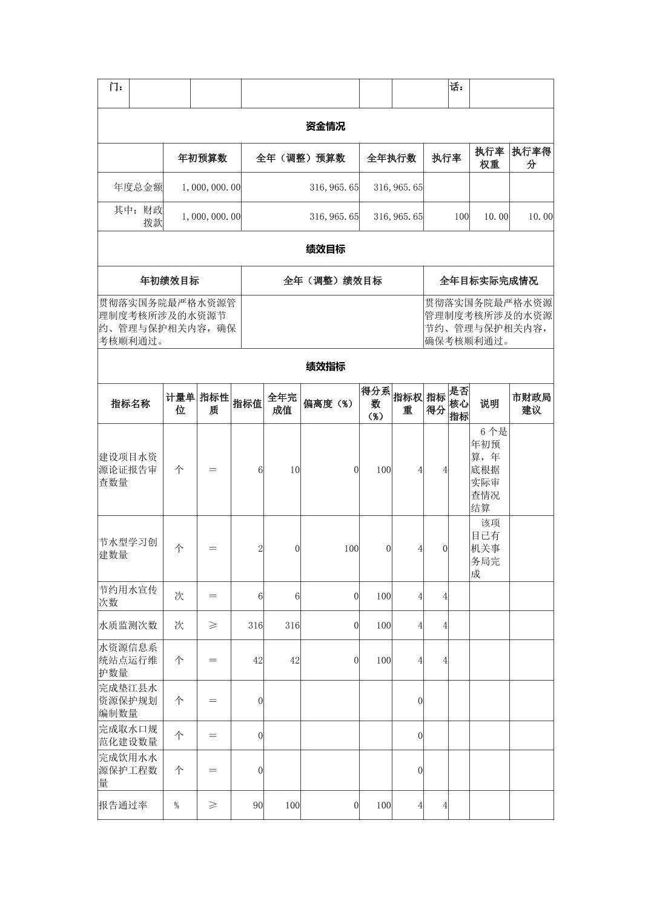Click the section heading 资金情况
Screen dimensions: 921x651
tap(325, 127)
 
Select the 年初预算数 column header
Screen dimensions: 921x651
tap(202, 158)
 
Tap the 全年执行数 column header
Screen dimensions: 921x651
tap(391, 158)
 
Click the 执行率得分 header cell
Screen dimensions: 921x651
tap(531, 158)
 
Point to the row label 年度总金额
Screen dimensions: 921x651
tap(138, 187)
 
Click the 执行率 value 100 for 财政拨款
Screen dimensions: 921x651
tap(461, 217)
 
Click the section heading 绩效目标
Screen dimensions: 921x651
tap(325, 249)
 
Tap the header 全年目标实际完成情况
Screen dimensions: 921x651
tap(488, 281)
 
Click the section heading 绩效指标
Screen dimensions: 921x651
tap(325, 367)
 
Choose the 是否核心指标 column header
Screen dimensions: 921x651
tap(458, 404)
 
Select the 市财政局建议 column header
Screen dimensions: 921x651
tap(531, 404)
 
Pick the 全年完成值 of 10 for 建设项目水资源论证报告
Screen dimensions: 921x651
tap(294, 470)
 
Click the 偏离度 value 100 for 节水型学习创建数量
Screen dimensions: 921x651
tap(351, 549)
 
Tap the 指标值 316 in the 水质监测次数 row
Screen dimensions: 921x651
tap(255, 626)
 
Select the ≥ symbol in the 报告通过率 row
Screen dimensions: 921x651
tap(213, 805)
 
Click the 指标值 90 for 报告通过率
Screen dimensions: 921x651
tap(257, 805)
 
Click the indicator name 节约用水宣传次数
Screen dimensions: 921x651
tap(128, 596)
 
